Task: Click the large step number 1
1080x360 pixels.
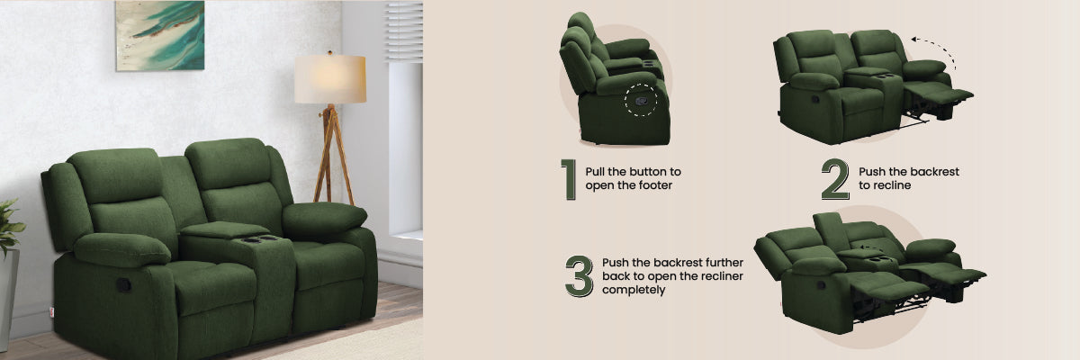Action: (x=569, y=179)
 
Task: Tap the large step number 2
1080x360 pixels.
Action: (x=835, y=179)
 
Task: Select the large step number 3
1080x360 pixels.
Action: (x=579, y=276)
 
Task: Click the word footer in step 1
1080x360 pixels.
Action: (x=655, y=185)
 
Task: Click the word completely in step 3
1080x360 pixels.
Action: (x=634, y=290)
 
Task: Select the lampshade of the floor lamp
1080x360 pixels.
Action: (x=330, y=79)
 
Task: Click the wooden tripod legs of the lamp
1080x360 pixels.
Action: (x=333, y=154)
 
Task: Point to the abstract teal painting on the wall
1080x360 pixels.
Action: (x=160, y=36)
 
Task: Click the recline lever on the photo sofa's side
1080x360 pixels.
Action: (x=123, y=284)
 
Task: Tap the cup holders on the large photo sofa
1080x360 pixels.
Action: (x=260, y=239)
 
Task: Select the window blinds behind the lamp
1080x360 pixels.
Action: (x=404, y=31)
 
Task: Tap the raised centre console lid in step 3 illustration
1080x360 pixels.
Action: (x=830, y=232)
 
